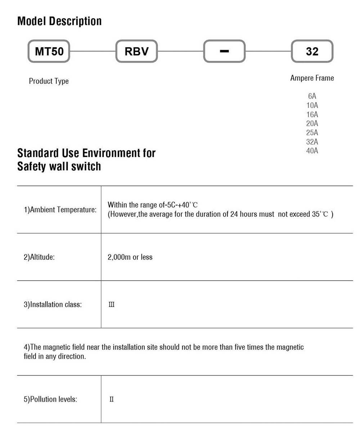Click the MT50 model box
click(x=49, y=51)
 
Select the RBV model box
click(x=136, y=51)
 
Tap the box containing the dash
click(x=224, y=51)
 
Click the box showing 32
click(x=312, y=51)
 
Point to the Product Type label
click(x=49, y=81)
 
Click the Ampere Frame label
click(x=312, y=78)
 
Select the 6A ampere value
click(x=312, y=96)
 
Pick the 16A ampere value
click(x=312, y=115)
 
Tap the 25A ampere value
click(x=312, y=133)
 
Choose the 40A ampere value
click(x=312, y=151)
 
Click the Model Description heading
click(x=59, y=21)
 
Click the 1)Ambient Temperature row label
click(x=60, y=210)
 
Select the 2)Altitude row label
click(x=39, y=257)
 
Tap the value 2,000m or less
click(x=130, y=257)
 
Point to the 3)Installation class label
click(x=53, y=305)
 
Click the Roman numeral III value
click(x=112, y=305)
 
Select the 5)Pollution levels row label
click(x=50, y=399)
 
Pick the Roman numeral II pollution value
click(x=112, y=399)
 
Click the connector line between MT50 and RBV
click(x=93, y=51)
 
